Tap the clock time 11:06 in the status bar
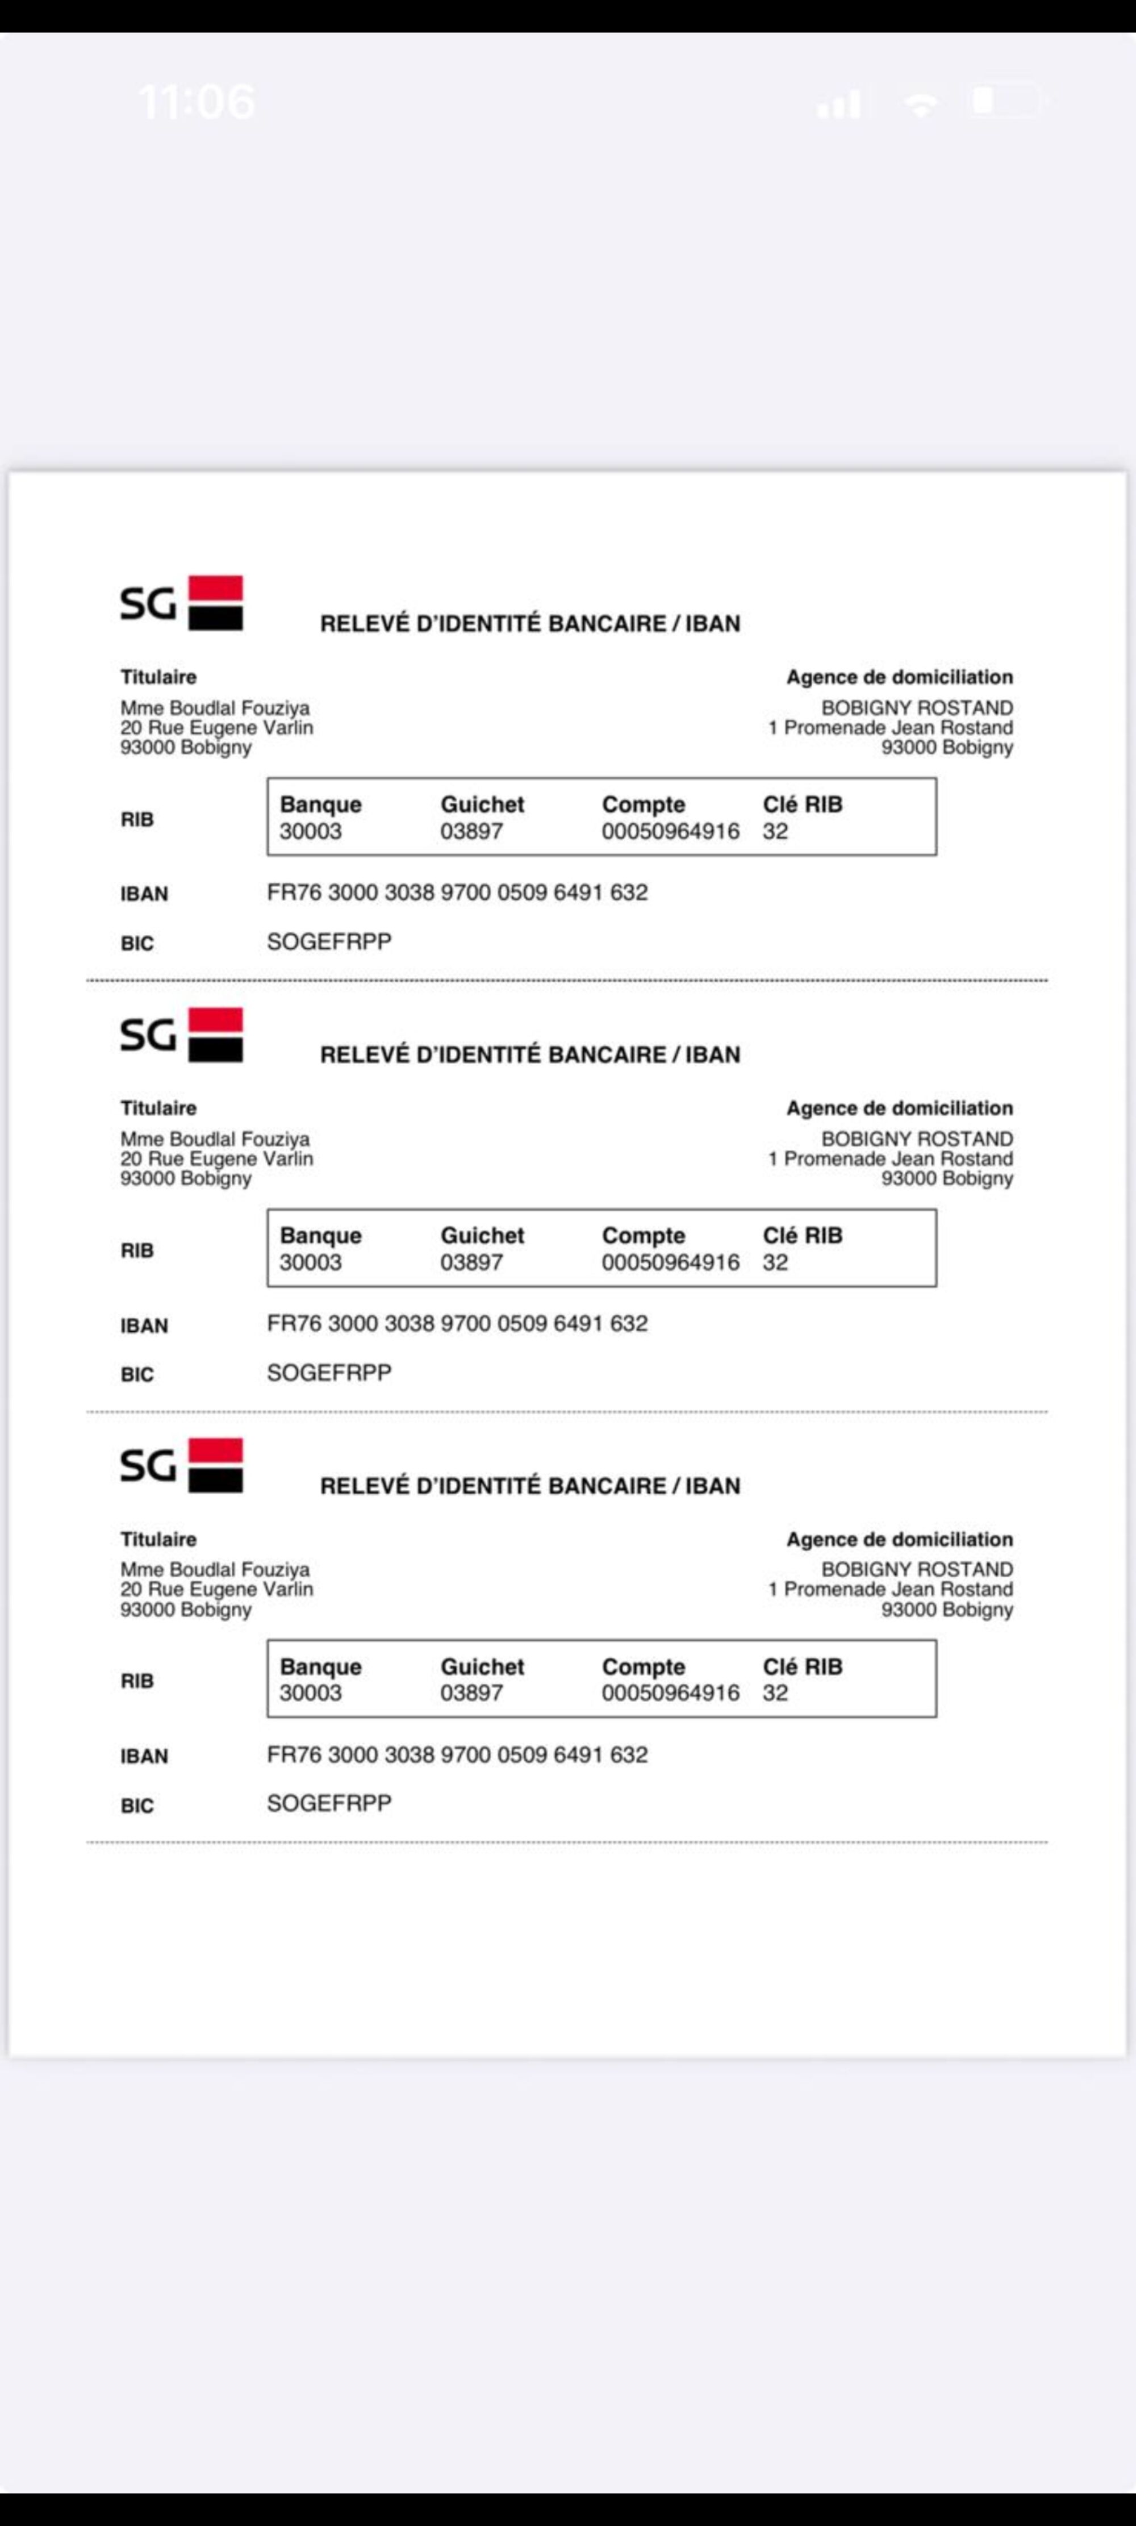coord(197,101)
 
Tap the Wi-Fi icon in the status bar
coord(920,104)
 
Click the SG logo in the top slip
coord(181,602)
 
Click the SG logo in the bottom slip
coord(181,1465)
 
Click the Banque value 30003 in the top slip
coord(311,832)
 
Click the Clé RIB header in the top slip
coord(803,804)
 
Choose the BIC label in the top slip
coord(137,943)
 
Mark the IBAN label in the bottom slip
coord(144,1756)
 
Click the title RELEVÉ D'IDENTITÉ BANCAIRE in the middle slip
coord(529,1055)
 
